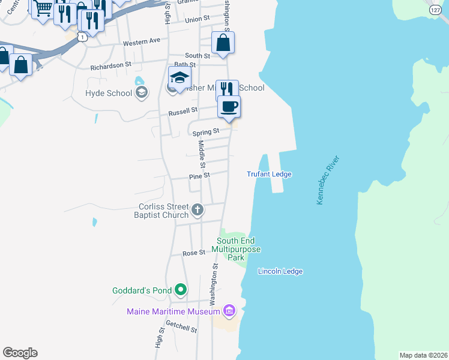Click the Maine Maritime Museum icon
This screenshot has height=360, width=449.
click(x=228, y=311)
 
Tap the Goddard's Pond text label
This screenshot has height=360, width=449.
click(x=142, y=290)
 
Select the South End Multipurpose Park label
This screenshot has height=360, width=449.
click(x=238, y=248)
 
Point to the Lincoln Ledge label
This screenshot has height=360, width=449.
click(x=280, y=271)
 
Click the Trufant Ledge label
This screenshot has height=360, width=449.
click(x=269, y=174)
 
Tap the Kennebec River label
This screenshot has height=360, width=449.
click(x=328, y=180)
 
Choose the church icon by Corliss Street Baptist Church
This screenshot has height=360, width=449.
click(x=197, y=211)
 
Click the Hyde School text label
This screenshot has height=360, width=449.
click(x=109, y=93)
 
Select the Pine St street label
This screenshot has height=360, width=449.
click(x=199, y=176)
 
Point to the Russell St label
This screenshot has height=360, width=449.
click(x=182, y=111)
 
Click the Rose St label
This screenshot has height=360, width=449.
click(x=194, y=253)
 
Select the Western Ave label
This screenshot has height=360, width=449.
click(x=142, y=41)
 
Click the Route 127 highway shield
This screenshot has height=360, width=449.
click(x=436, y=10)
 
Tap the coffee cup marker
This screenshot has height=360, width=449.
click(x=229, y=107)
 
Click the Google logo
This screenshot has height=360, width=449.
click(x=20, y=353)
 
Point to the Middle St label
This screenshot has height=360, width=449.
click(x=202, y=154)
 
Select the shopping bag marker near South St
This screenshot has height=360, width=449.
click(x=223, y=43)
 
